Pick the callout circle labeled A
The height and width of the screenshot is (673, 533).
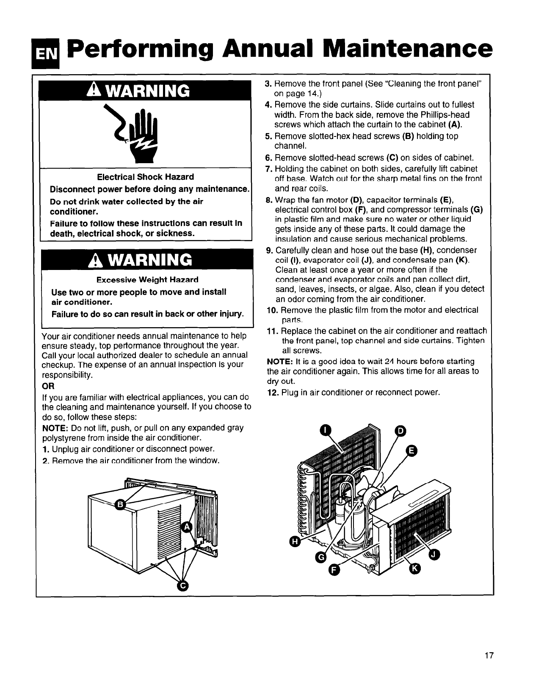coord(186,527)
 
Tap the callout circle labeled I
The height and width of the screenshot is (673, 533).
coord(324,430)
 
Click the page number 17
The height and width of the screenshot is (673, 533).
coord(489,655)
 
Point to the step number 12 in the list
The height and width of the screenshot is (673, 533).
coord(272,392)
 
